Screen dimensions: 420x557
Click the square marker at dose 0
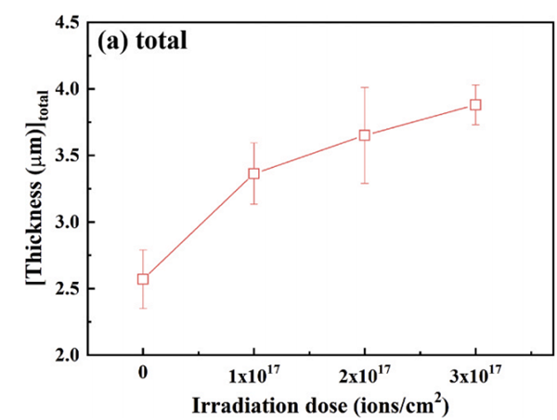[x=143, y=279]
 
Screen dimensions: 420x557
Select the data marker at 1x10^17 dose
[x=253, y=173]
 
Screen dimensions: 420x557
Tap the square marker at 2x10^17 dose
[x=365, y=135]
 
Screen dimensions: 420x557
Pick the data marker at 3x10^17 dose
[x=475, y=105]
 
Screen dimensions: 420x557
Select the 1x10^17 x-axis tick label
[x=253, y=376]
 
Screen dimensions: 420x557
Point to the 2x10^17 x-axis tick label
[x=365, y=376]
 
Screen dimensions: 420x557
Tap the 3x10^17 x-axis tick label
[x=475, y=376]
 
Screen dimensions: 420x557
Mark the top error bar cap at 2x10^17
[x=365, y=87]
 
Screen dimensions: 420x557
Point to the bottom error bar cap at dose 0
[x=143, y=308]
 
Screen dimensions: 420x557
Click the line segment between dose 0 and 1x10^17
[x=198, y=226]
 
